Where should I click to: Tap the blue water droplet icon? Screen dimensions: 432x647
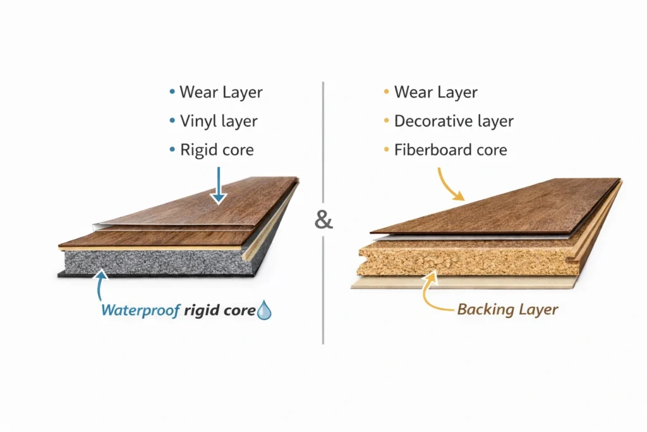(264, 311)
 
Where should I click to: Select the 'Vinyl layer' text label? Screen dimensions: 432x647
(219, 121)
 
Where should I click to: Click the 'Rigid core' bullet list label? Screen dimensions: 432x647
(217, 150)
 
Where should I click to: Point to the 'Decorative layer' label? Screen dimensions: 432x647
(454, 121)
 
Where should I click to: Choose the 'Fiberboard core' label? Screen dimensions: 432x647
(450, 150)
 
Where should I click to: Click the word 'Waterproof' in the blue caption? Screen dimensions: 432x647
(141, 311)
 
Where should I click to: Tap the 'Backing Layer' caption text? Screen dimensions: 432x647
(507, 309)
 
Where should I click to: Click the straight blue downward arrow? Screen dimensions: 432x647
(218, 185)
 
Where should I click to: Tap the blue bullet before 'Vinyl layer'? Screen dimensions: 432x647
(172, 121)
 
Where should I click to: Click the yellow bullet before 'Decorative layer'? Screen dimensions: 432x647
(386, 121)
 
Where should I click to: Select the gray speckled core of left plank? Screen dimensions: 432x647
(152, 261)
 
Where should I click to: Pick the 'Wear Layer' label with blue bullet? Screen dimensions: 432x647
(221, 92)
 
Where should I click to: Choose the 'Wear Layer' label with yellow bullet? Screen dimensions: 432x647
(435, 92)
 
